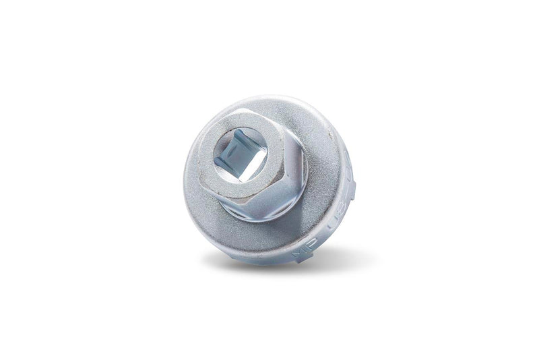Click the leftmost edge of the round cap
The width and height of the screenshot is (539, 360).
coord(184,179)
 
